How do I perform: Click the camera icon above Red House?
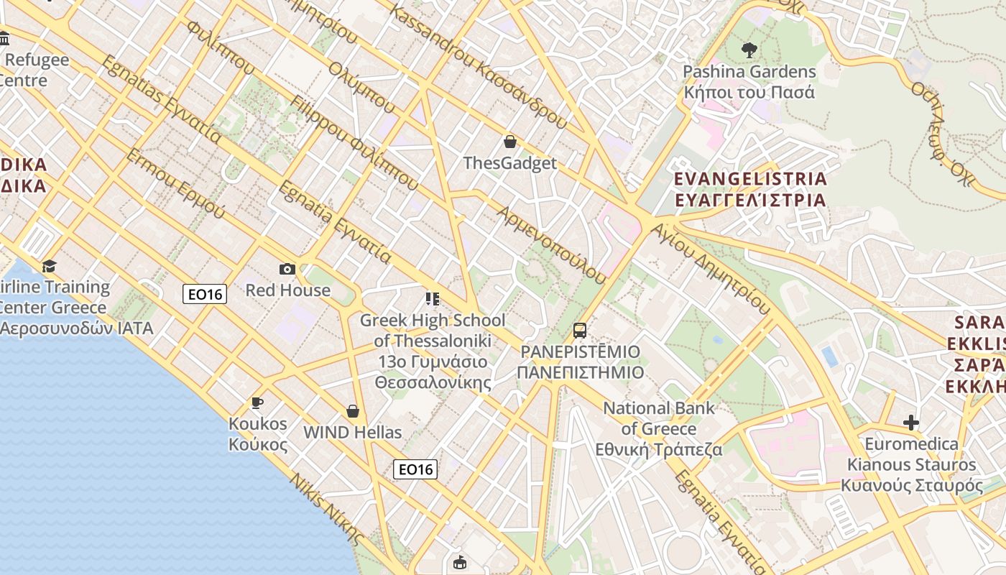287,270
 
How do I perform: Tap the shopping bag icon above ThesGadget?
510,142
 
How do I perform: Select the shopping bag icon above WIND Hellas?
353,411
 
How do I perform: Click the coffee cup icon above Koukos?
257,402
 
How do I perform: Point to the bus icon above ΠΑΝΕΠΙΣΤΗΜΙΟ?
580,331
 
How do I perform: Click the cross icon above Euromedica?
911,423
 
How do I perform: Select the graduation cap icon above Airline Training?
49,267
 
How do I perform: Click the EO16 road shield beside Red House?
205,293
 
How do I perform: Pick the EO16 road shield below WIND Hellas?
415,469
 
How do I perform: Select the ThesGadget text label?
510,163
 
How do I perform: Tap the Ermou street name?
175,185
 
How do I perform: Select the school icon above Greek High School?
433,298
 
